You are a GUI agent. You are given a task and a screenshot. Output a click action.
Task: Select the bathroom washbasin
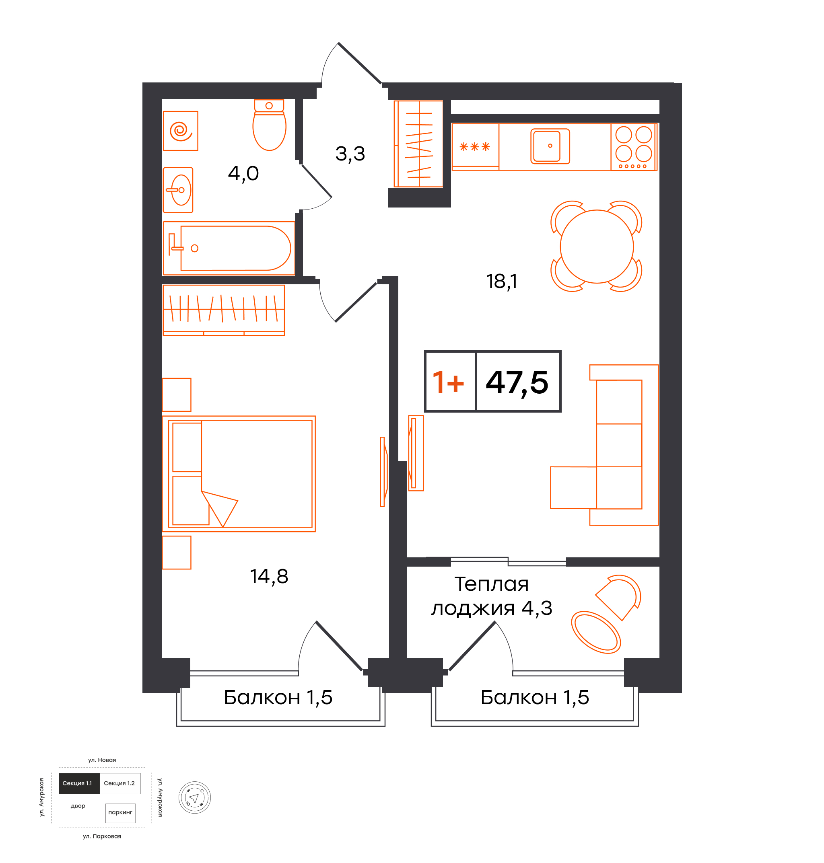pos(178,190)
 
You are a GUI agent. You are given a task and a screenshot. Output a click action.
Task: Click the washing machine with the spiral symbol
pos(181,131)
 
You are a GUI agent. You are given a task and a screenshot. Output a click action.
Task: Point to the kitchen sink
pos(550,146)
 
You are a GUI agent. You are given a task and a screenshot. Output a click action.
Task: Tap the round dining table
pos(597,246)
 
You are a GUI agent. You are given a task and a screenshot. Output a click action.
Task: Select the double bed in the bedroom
pos(239,474)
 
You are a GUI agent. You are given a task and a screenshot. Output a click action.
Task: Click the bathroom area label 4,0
pos(243,174)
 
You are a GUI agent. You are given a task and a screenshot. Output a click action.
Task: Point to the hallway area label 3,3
pos(350,154)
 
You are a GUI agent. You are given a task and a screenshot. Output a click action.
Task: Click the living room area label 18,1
pos(502,282)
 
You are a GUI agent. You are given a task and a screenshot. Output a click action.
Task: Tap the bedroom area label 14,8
pos(269,577)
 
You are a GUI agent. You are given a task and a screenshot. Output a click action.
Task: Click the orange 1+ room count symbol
pos(448,382)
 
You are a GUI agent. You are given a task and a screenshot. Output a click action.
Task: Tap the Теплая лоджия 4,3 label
pos(492,596)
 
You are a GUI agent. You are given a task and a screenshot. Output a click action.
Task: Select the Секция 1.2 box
pos(120,783)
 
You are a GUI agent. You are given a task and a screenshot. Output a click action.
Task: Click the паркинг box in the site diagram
pos(120,812)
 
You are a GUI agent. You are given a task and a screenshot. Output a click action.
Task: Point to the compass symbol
pos(195,797)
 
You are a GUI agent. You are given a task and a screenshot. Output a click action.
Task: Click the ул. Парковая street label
pos(102,836)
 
